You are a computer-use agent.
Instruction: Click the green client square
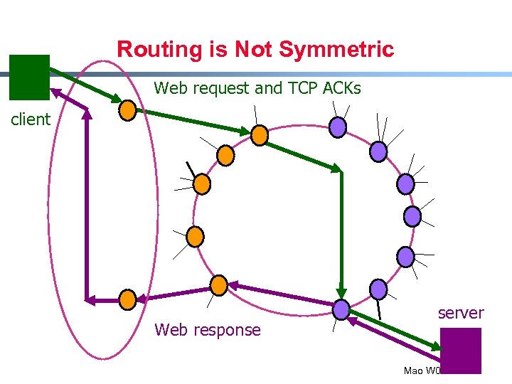click(x=29, y=77)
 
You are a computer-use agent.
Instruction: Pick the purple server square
click(x=461, y=350)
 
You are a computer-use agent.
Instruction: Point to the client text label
click(x=31, y=119)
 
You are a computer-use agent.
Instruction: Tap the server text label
click(x=460, y=313)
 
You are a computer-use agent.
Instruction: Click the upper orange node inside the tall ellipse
click(x=127, y=110)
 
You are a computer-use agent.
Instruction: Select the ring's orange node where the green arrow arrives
click(x=260, y=135)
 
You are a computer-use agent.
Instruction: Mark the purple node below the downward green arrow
click(x=341, y=309)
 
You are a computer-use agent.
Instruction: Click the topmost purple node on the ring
click(x=338, y=127)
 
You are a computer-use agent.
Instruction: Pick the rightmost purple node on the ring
click(x=412, y=216)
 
